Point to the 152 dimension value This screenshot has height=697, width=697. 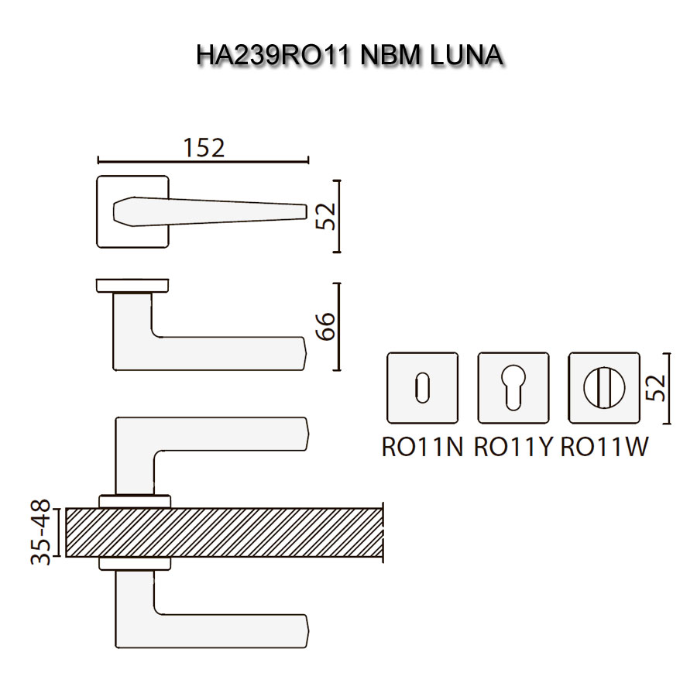[x=204, y=147]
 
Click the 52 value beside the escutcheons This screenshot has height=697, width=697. [x=655, y=388]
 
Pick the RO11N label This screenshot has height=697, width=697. [x=422, y=447]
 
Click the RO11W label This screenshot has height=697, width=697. [x=604, y=447]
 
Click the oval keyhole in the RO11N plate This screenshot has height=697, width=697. [x=422, y=388]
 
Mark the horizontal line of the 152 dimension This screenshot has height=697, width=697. [x=203, y=161]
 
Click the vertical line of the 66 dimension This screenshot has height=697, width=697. [x=339, y=326]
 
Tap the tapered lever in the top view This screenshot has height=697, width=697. [x=209, y=211]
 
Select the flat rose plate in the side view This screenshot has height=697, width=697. [x=132, y=286]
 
